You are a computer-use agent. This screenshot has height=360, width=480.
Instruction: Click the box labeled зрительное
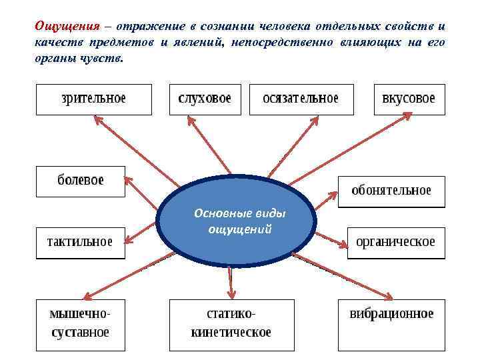(x=93, y=99)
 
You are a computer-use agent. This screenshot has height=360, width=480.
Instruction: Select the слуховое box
(x=205, y=99)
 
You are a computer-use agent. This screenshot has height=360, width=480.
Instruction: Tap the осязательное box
(x=301, y=99)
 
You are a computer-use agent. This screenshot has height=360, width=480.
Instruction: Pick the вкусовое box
(x=409, y=99)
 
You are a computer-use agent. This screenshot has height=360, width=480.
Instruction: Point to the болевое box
(x=80, y=181)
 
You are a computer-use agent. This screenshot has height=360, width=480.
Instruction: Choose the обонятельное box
(x=391, y=191)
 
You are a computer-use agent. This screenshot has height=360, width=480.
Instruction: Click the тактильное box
(x=80, y=242)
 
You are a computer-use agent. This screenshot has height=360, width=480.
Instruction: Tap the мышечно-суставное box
(x=80, y=324)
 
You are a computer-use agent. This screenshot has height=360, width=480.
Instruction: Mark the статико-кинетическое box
(x=231, y=324)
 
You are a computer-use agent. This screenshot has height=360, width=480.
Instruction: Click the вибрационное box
(x=391, y=324)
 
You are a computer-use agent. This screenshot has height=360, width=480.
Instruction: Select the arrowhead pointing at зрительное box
(x=97, y=119)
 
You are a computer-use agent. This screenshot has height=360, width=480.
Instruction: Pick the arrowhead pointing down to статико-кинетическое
(x=231, y=293)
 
